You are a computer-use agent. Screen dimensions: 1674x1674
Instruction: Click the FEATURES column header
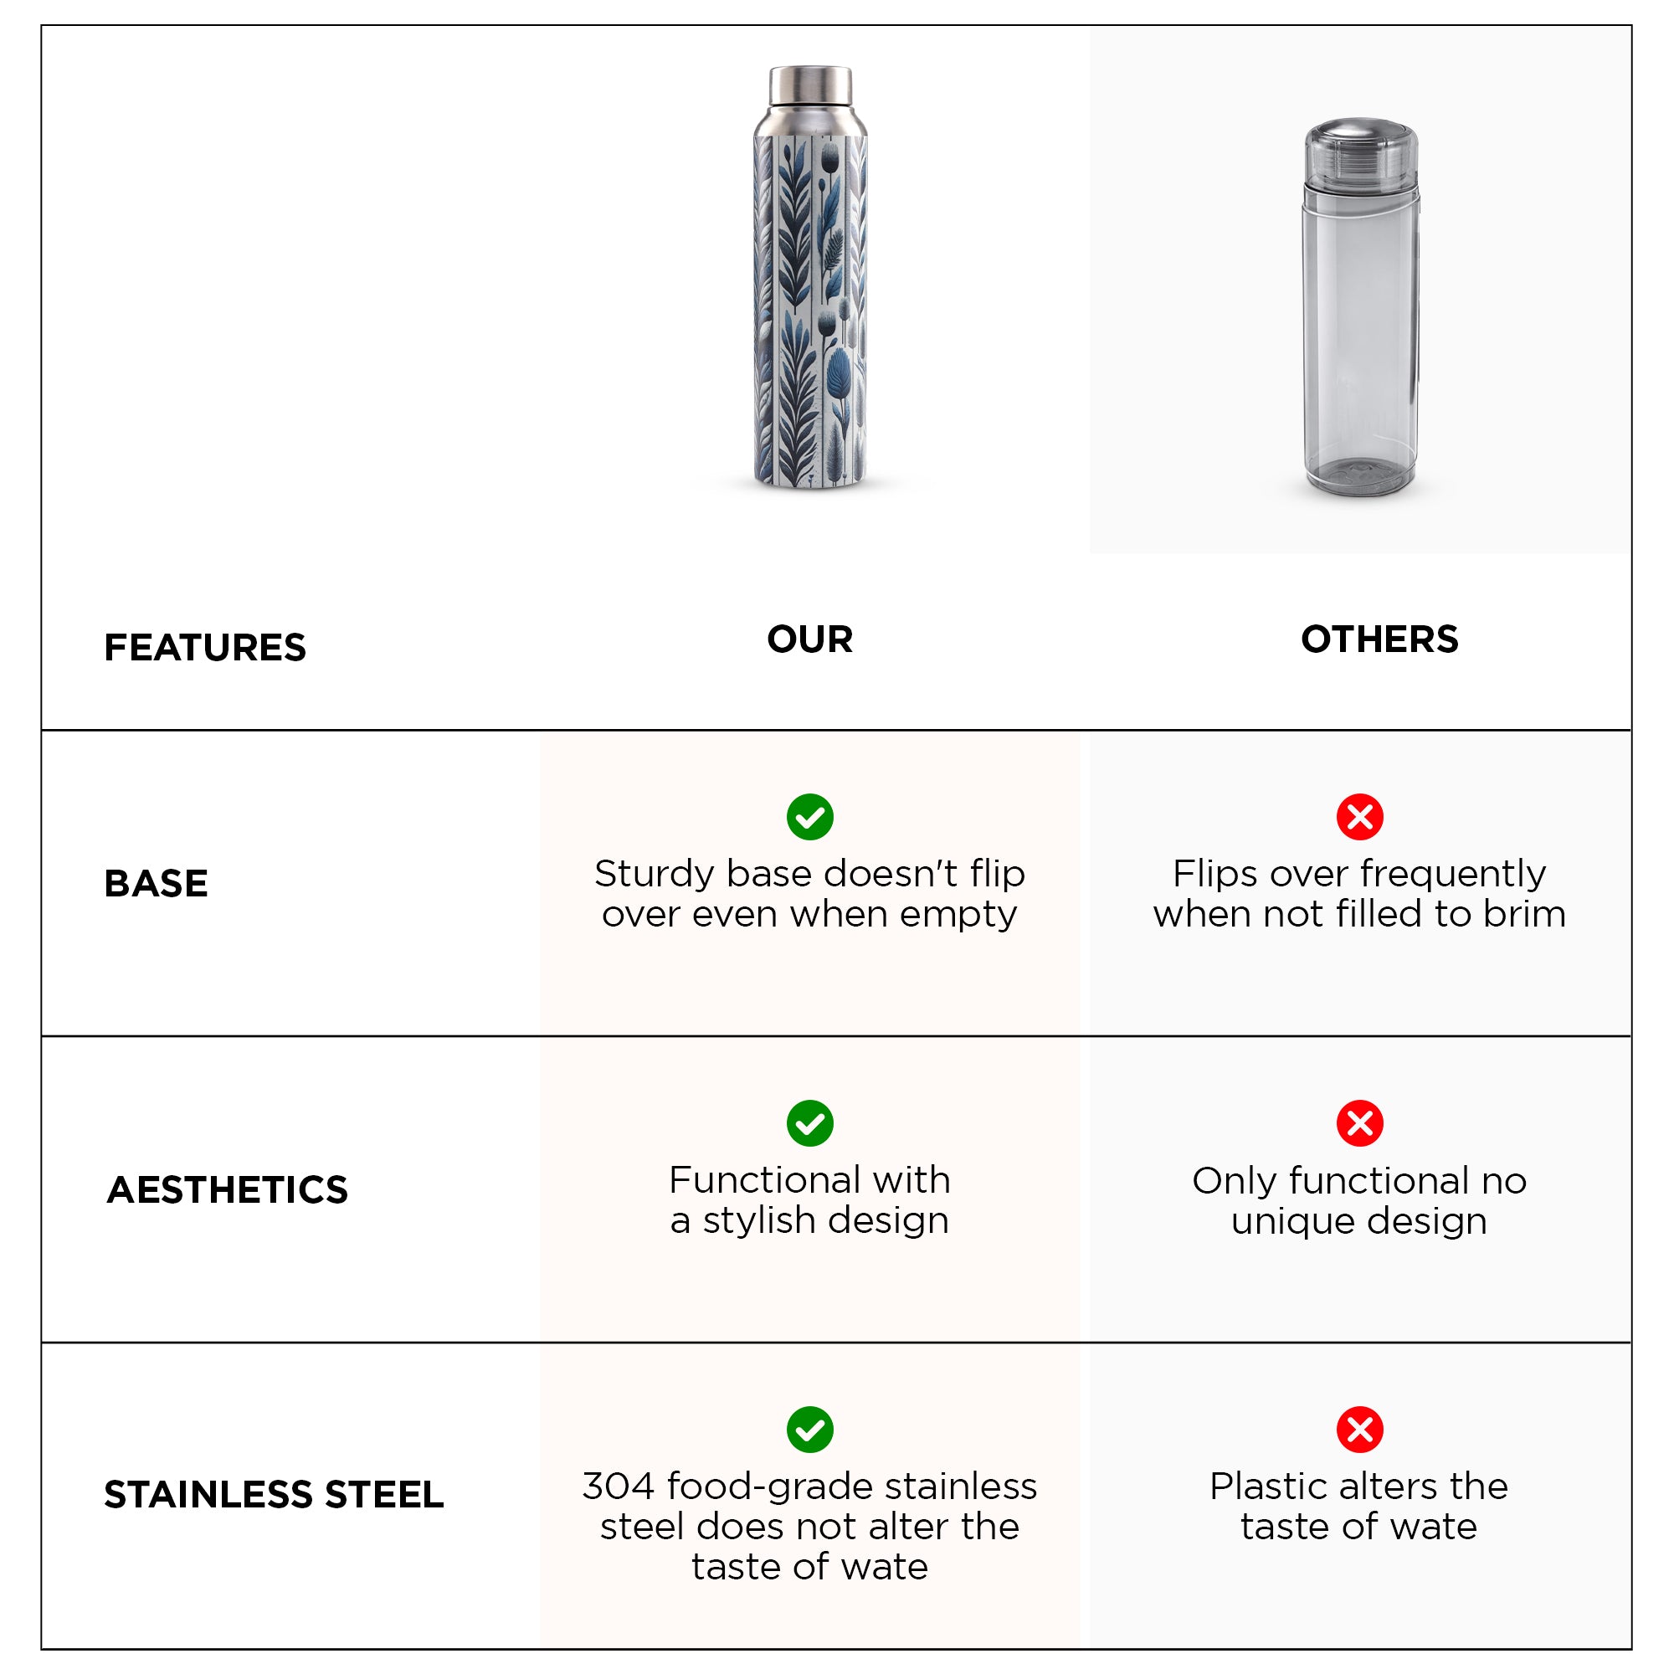click(205, 647)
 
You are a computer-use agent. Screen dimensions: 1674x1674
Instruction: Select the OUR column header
click(810, 639)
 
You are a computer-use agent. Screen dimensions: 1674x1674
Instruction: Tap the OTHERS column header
click(1379, 639)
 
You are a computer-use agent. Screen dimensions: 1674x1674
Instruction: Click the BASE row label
click(156, 884)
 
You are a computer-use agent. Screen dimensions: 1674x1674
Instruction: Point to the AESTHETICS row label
click(227, 1189)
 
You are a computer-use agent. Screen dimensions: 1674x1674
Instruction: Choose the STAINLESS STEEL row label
click(274, 1495)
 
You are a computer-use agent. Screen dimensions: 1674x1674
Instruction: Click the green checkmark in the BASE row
click(810, 817)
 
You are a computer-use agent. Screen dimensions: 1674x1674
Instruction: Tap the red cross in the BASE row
click(1360, 817)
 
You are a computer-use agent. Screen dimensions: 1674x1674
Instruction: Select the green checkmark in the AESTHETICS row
click(810, 1124)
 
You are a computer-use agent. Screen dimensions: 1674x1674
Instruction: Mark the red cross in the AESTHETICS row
click(1360, 1124)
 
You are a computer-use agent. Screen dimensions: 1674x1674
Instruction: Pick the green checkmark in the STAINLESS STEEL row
click(810, 1430)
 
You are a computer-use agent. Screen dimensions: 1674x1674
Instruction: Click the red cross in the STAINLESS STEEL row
click(1360, 1430)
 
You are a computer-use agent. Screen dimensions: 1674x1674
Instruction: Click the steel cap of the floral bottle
click(810, 85)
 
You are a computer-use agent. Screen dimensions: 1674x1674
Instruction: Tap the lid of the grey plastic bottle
click(1361, 152)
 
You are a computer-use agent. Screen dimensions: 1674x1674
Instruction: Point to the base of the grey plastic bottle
click(1360, 475)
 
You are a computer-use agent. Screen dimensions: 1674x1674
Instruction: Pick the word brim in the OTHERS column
click(1524, 914)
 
